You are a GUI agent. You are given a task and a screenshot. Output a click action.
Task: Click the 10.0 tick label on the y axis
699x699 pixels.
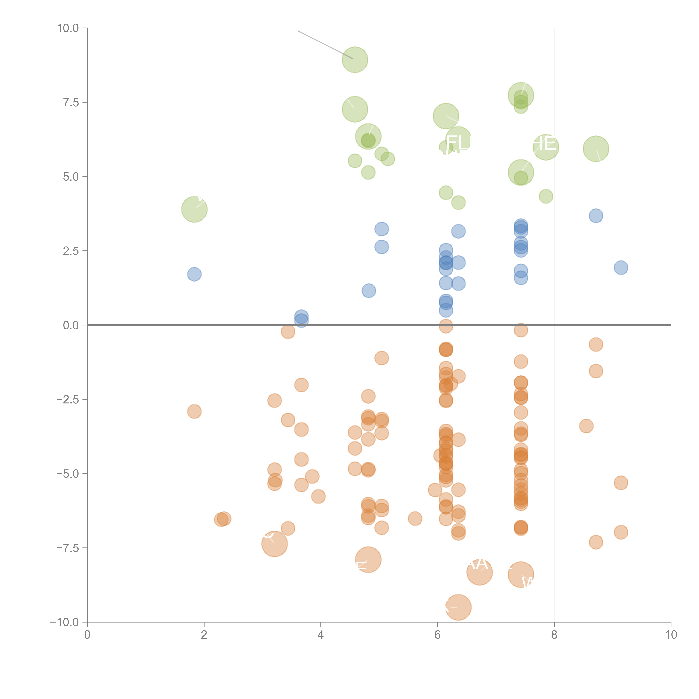(68, 28)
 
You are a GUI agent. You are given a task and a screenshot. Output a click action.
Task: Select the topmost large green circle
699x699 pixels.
(355, 60)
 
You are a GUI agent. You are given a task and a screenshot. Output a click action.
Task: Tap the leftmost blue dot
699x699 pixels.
(194, 274)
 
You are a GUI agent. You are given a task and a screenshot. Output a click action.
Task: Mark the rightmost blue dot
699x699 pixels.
(621, 268)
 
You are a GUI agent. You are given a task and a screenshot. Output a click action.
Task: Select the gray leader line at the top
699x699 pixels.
(326, 45)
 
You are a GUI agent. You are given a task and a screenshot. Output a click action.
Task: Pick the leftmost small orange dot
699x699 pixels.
(194, 411)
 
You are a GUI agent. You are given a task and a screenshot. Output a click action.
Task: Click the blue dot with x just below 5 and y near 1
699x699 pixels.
(369, 291)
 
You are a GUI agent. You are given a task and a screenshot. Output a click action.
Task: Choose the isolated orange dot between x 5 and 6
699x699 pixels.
(415, 519)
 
